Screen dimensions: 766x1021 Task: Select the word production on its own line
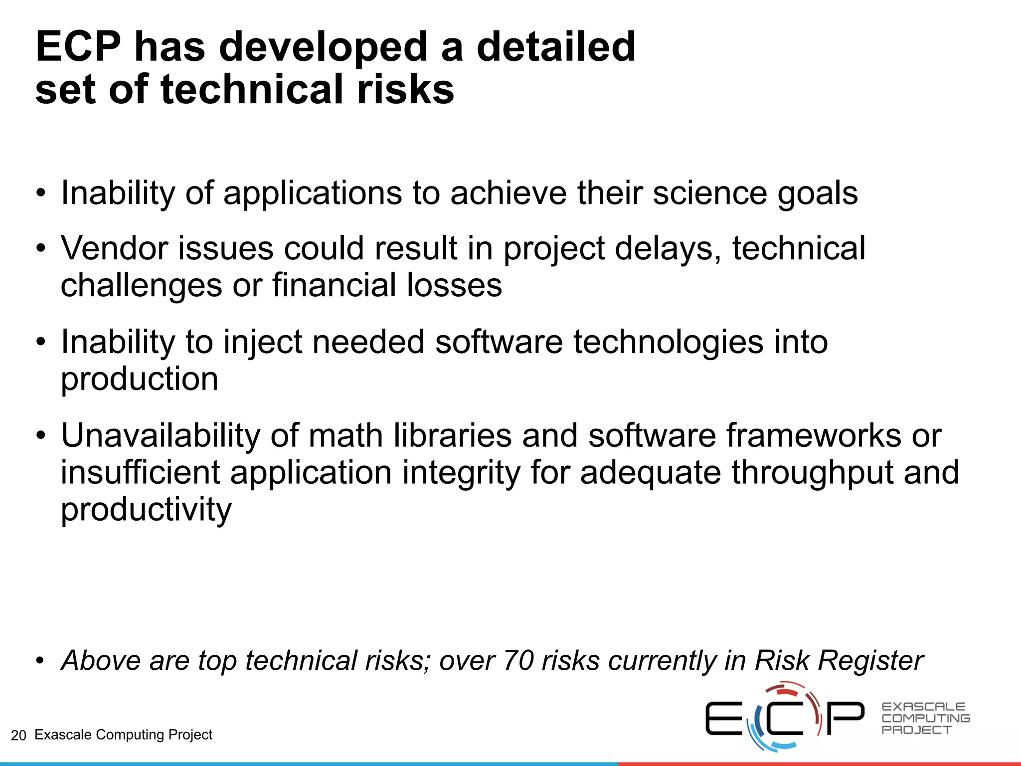click(140, 380)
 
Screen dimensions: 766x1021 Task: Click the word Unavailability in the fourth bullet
click(161, 435)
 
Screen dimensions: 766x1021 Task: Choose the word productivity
click(146, 510)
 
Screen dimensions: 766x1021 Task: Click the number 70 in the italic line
click(518, 660)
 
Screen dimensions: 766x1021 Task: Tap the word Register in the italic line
click(870, 660)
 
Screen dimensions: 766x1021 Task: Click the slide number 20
click(18, 735)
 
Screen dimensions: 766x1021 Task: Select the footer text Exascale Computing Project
click(123, 735)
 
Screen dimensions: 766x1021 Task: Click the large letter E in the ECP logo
click(723, 718)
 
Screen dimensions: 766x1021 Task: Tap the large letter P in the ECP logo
click(845, 718)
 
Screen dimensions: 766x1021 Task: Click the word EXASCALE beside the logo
click(923, 706)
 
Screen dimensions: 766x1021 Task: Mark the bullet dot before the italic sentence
click(41, 661)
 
